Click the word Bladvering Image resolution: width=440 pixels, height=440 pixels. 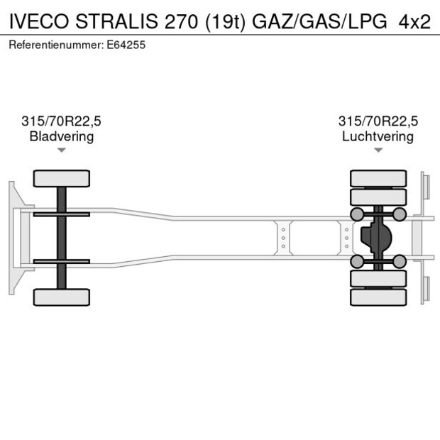point(61,136)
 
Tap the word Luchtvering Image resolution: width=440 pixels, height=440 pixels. point(378,136)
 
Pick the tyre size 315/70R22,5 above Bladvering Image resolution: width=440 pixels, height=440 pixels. point(61,121)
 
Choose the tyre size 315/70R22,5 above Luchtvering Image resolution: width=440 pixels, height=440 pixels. point(378,121)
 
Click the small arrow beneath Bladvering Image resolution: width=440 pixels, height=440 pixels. point(61,150)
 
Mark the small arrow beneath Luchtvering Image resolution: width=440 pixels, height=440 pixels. point(378,150)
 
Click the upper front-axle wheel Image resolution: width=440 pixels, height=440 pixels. point(61,177)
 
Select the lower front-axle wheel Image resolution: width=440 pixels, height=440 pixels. point(61,297)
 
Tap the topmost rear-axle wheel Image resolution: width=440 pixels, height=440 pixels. point(379,177)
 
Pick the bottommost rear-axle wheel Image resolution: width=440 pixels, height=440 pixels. point(379,297)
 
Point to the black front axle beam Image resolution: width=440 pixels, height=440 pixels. point(61,237)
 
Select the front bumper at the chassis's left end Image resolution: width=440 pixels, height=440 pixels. point(13,237)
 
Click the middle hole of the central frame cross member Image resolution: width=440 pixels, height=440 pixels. point(283,237)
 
